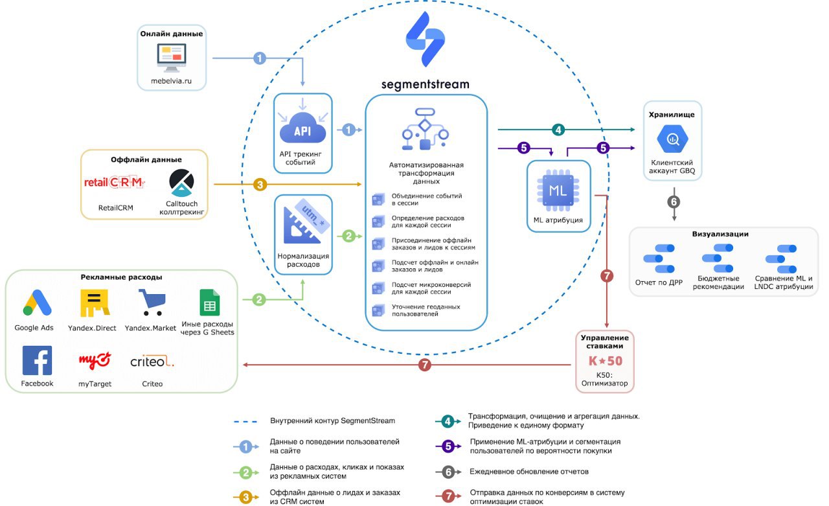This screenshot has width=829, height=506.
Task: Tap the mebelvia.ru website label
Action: coord(172,81)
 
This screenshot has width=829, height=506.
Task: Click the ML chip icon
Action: coord(558,190)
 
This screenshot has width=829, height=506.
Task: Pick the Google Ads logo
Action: coord(37,303)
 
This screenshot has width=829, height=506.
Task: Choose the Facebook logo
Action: coord(37,360)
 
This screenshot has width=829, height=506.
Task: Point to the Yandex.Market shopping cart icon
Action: coord(152,303)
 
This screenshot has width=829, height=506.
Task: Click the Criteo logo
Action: coord(152,362)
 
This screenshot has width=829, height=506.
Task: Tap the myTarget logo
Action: coord(95,360)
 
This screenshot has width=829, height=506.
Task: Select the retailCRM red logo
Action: coord(115,182)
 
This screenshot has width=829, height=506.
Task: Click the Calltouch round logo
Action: coord(181,183)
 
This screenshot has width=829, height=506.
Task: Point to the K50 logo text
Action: coord(606,360)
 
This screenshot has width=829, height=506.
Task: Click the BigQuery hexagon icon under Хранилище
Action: coord(672,139)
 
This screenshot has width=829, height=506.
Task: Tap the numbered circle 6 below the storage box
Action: coord(674,201)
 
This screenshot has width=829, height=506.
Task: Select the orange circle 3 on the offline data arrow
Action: coord(260,185)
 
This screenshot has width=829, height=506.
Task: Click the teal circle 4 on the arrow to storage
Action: coord(558,130)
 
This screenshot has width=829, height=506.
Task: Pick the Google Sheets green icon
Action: coord(209,303)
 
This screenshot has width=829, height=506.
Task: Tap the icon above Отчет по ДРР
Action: coord(659,259)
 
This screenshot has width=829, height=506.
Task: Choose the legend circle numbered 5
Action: coord(448,446)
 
